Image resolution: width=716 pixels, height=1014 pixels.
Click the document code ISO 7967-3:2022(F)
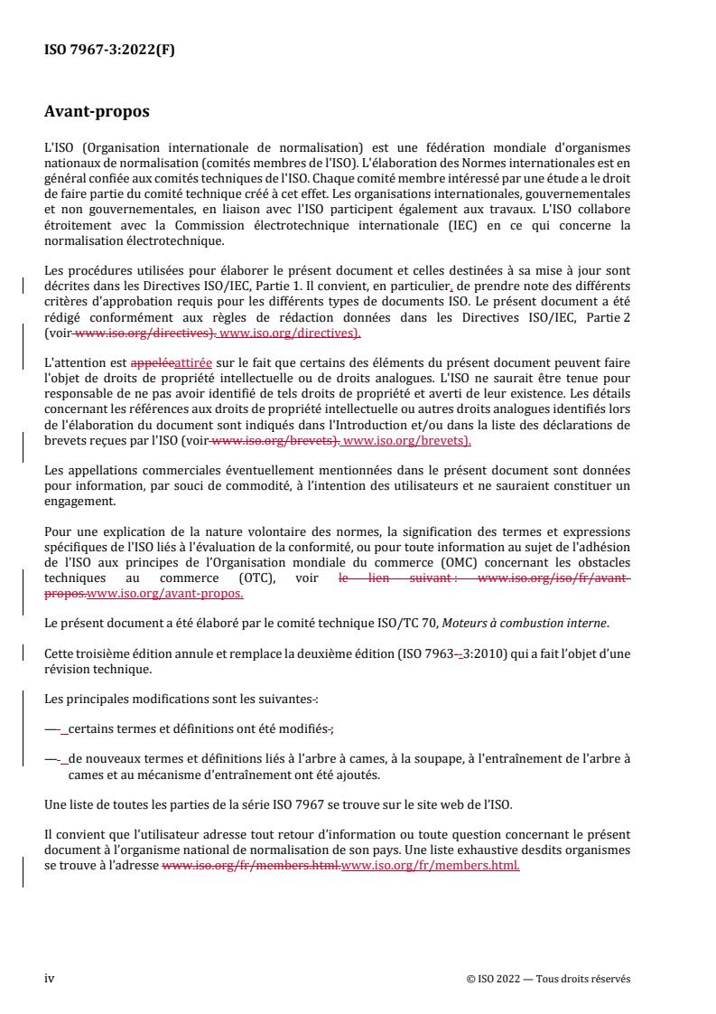tap(109, 51)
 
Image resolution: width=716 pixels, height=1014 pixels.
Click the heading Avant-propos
tap(97, 113)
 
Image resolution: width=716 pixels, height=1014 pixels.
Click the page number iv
tap(50, 979)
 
